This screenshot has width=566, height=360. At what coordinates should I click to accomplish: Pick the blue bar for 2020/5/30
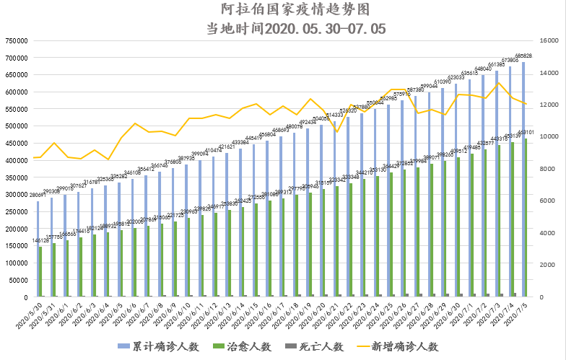pos(38,249)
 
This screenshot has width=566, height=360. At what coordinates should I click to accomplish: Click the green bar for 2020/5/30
pos(41,272)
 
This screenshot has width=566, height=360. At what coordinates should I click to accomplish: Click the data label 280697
pos(38,195)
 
